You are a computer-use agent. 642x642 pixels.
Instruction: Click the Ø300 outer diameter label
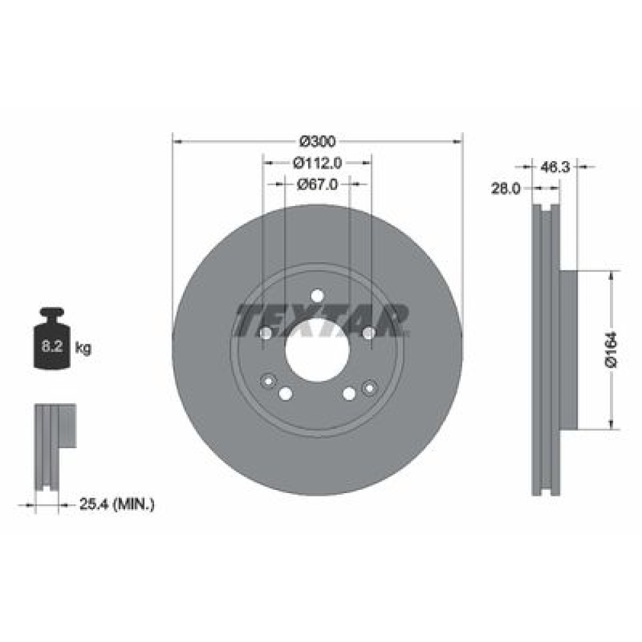(317, 142)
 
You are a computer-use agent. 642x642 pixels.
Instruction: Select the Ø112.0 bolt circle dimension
(317, 163)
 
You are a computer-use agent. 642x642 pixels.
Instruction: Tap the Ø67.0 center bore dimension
(317, 185)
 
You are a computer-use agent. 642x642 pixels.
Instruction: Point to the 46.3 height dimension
(555, 167)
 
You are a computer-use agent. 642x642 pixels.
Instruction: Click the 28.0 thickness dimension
(505, 189)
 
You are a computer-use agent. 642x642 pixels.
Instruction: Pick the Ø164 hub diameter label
(611, 349)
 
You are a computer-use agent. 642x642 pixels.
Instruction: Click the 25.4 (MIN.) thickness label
(117, 505)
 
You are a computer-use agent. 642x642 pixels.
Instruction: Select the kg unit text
(83, 349)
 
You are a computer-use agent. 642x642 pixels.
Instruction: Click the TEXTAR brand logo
(322, 320)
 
